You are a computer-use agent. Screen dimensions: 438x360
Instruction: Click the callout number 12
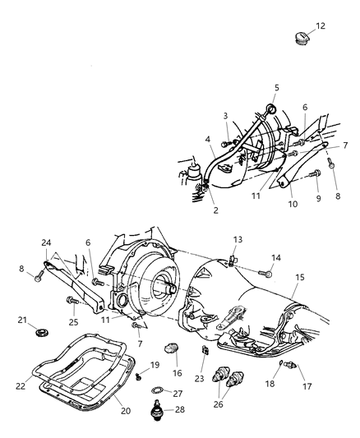point(321,26)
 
